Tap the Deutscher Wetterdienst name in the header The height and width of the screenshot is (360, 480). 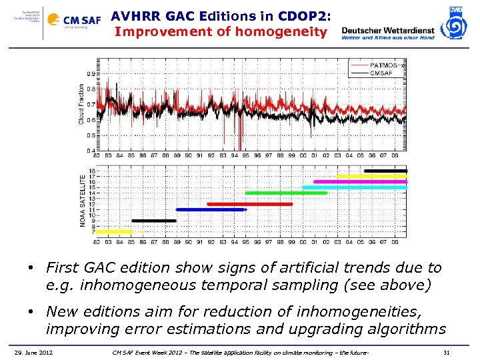[387, 30]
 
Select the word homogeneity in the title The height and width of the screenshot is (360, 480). [285, 31]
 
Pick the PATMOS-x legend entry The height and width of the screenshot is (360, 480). [387, 64]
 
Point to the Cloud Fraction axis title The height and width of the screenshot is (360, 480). [82, 103]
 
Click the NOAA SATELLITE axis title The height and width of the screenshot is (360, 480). [83, 201]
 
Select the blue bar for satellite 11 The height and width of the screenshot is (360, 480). [211, 209]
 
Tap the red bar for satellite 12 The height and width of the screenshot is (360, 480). [250, 204]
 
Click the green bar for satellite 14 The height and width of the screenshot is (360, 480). [286, 193]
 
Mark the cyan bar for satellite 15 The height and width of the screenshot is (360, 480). [354, 187]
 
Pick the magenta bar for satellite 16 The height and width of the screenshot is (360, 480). [360, 181]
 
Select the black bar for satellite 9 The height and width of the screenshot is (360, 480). [154, 220]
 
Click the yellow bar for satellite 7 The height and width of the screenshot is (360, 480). [115, 231]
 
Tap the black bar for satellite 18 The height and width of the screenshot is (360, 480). [385, 171]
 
